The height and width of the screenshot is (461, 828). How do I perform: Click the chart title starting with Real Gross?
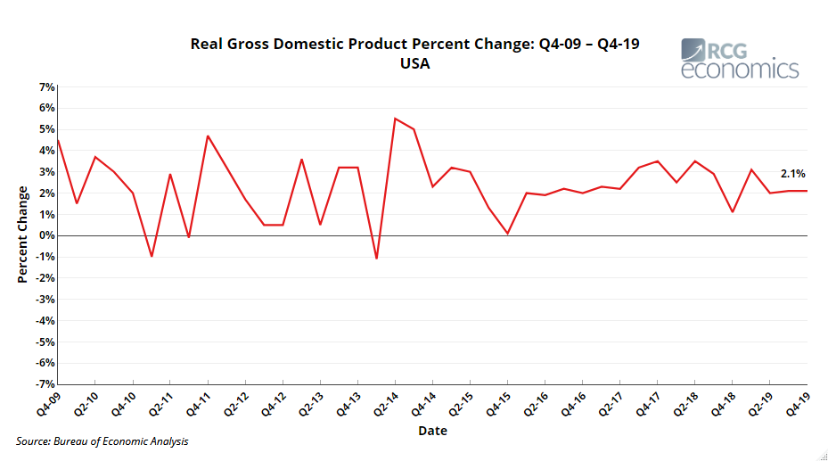click(414, 44)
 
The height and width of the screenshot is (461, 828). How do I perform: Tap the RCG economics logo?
click(739, 59)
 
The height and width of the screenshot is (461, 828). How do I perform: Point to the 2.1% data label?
click(792, 174)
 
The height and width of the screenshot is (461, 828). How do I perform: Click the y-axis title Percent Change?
click(23, 235)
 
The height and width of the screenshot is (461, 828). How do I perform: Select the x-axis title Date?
click(432, 431)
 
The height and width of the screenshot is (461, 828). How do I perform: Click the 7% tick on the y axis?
click(46, 87)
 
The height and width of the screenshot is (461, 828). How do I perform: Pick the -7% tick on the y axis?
click(45, 384)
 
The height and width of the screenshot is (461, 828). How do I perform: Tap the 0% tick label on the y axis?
click(46, 236)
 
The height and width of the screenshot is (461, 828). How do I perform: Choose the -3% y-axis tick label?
click(45, 300)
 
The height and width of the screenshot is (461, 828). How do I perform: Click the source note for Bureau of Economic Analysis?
click(102, 441)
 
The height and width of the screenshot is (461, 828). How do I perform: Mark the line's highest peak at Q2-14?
click(395, 119)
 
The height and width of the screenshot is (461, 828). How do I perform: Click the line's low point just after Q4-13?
click(376, 258)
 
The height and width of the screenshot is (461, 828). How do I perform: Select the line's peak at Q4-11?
click(208, 136)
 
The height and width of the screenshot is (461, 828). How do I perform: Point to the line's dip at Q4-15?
click(507, 234)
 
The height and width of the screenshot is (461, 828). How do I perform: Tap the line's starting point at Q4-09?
click(58, 140)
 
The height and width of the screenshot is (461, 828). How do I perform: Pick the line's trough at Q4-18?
click(732, 212)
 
